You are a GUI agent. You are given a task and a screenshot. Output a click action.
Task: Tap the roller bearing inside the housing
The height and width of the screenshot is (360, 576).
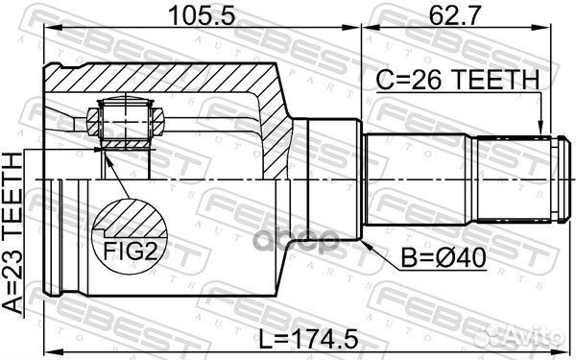[x=120, y=123]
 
